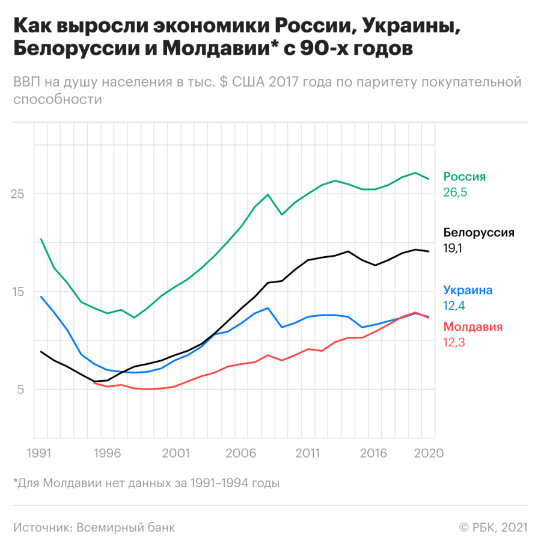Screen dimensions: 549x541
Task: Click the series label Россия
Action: [464, 177]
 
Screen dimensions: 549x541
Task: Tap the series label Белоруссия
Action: [478, 233]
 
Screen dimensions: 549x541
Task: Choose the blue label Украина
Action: [468, 290]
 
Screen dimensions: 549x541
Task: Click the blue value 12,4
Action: [455, 306]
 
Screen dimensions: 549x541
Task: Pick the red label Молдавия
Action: [472, 327]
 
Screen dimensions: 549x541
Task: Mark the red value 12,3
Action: [454, 343]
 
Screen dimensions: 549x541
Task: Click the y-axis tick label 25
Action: [21, 194]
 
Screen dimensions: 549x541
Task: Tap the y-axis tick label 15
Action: [21, 292]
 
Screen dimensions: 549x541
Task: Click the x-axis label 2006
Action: [240, 453]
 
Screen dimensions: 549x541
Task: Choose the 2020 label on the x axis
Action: [429, 453]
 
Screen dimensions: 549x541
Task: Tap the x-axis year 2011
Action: [308, 453]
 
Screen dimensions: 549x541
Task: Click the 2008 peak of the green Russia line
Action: [267, 194]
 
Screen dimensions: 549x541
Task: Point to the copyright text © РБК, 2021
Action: [493, 527]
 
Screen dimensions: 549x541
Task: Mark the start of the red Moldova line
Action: [94, 382]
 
